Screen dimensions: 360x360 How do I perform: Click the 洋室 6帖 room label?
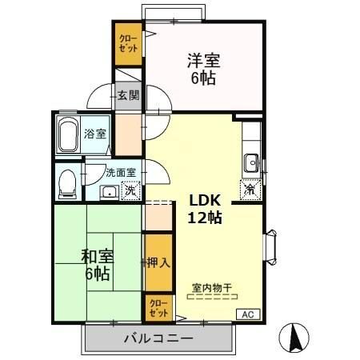pyautogui.click(x=204, y=69)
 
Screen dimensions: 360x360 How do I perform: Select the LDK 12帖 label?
pyautogui.click(x=206, y=209)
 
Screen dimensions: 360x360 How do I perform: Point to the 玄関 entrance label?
pyautogui.click(x=128, y=95)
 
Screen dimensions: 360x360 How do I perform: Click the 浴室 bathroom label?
pyautogui.click(x=97, y=134)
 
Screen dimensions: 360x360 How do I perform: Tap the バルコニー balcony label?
pyautogui.click(x=158, y=338)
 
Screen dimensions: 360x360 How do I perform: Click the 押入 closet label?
pyautogui.click(x=158, y=262)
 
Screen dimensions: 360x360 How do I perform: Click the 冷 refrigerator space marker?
pyautogui.click(x=250, y=190)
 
